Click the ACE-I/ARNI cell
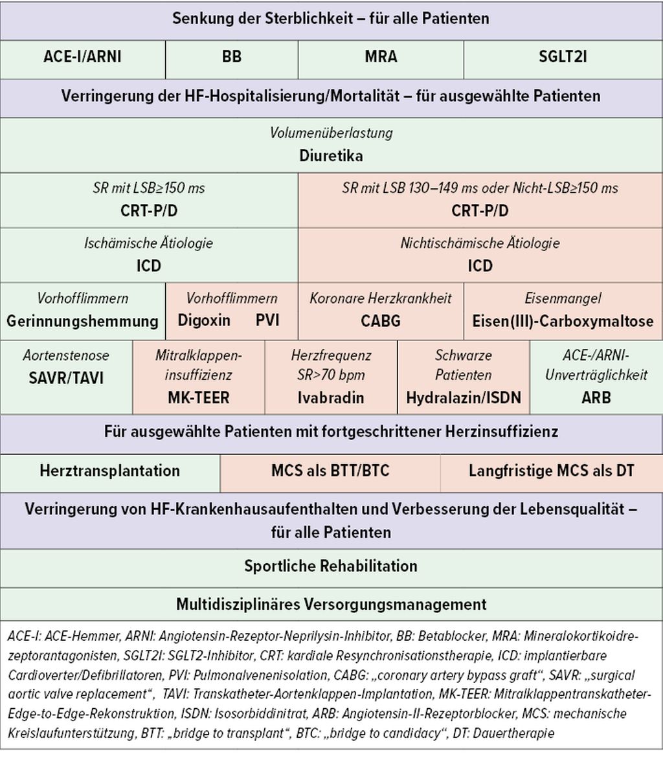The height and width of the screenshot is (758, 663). click(82, 57)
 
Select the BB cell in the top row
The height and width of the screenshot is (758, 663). click(231, 57)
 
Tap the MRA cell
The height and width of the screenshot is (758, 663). click(381, 57)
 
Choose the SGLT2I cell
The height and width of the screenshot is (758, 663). click(563, 57)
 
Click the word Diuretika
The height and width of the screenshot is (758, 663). click(331, 156)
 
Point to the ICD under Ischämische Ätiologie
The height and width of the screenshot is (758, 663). click(148, 266)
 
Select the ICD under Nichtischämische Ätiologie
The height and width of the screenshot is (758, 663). click(480, 266)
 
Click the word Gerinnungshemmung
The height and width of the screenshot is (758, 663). click(82, 321)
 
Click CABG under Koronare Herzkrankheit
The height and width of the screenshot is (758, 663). click(381, 321)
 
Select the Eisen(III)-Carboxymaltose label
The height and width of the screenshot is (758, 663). click(563, 321)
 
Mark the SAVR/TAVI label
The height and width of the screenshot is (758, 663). click(66, 378)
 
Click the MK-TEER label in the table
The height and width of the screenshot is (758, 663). click(198, 397)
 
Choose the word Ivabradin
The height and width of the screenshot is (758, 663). click(331, 397)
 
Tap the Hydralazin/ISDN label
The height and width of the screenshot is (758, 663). click(464, 397)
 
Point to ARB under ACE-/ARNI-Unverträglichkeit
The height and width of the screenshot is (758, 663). click(596, 397)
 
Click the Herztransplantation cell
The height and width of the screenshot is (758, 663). click(109, 471)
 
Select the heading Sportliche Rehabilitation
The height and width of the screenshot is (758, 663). click(331, 566)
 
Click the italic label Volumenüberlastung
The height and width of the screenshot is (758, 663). click(331, 133)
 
